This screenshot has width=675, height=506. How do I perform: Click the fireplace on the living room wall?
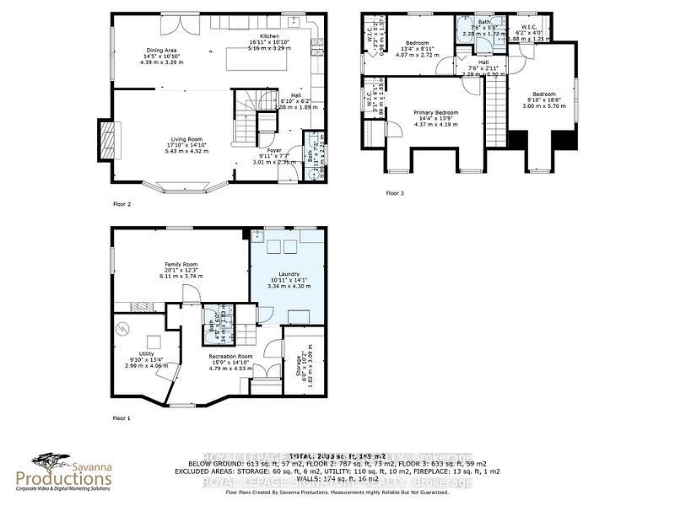[x=106, y=135]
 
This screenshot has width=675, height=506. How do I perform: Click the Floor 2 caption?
[x=122, y=204]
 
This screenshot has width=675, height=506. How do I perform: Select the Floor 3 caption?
[x=396, y=193]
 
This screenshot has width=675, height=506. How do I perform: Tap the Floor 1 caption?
[x=122, y=417]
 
